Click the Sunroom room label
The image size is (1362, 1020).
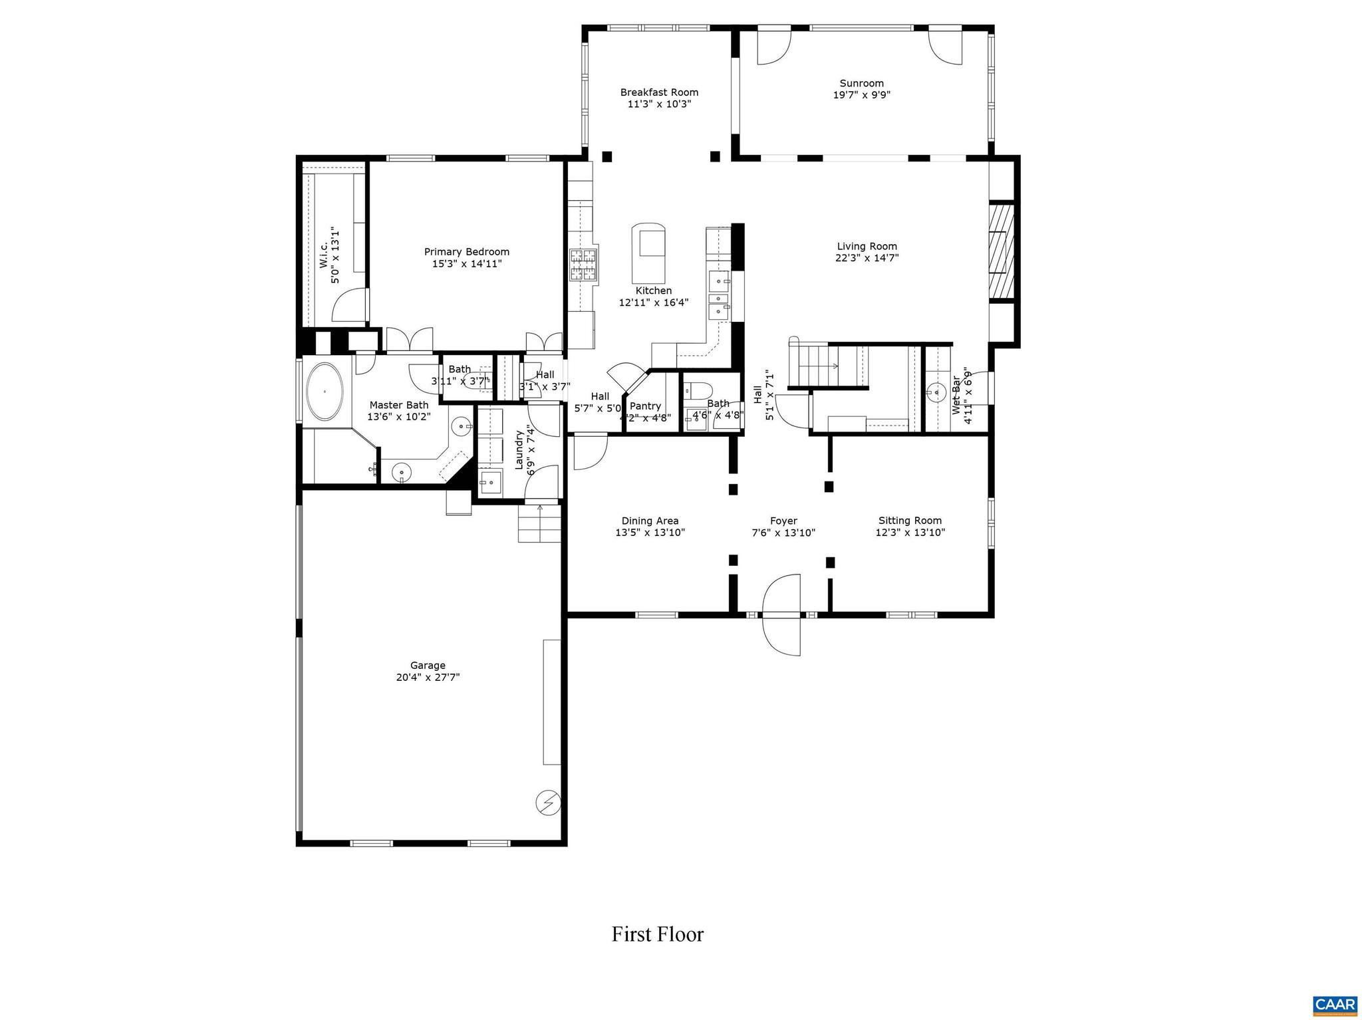point(861,83)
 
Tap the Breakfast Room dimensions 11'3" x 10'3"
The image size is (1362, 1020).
point(659,104)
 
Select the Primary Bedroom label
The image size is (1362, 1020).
point(467,251)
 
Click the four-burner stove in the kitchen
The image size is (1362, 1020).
point(583,265)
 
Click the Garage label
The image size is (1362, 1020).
point(428,665)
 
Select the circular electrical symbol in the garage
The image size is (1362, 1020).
point(548,803)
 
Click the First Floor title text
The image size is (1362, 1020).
point(657,934)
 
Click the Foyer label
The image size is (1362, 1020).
point(783,521)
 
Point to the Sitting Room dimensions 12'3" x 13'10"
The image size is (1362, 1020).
point(910,533)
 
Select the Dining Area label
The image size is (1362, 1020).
point(650,521)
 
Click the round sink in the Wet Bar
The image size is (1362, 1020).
point(936,392)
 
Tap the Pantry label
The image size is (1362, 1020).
point(645,406)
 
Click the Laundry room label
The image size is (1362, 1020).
point(519,449)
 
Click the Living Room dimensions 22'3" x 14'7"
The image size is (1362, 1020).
point(867,258)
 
